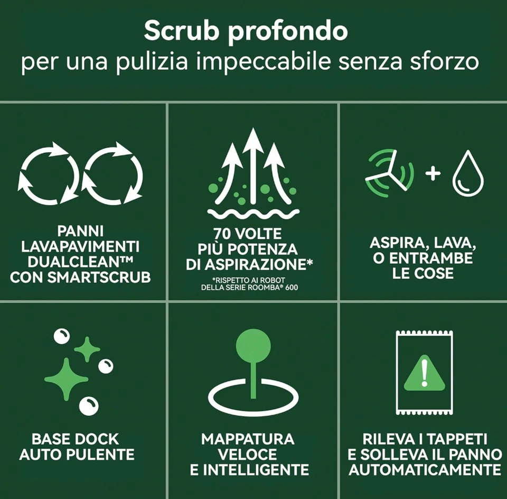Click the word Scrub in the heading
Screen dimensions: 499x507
tap(177, 31)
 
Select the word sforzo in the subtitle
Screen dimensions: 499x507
tap(448, 62)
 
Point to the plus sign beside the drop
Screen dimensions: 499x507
tap(433, 174)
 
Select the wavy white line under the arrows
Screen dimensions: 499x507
tap(254, 214)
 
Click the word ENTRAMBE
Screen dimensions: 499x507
tap(442, 258)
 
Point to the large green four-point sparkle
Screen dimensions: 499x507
tap(67, 378)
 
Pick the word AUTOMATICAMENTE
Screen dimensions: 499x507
tap(424, 469)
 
